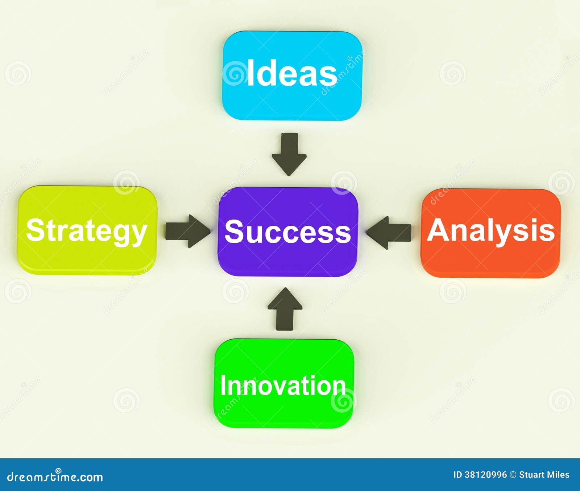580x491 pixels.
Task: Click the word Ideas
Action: (x=292, y=74)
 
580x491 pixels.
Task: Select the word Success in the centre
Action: (x=287, y=232)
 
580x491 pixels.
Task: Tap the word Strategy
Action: (x=87, y=231)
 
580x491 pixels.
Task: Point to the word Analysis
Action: (x=491, y=230)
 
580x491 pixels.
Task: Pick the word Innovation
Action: (x=283, y=385)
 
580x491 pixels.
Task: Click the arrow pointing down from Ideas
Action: (x=289, y=154)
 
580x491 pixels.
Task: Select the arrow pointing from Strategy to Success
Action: (x=187, y=231)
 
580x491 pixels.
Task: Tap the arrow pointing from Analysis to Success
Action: (x=389, y=232)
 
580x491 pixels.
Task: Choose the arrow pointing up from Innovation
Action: (x=285, y=309)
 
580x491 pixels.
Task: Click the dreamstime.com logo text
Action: (x=55, y=477)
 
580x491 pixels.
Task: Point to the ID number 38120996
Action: (x=485, y=475)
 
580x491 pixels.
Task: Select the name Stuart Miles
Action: (x=544, y=475)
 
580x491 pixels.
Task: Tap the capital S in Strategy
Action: (x=35, y=230)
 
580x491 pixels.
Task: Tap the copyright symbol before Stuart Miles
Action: (x=513, y=475)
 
